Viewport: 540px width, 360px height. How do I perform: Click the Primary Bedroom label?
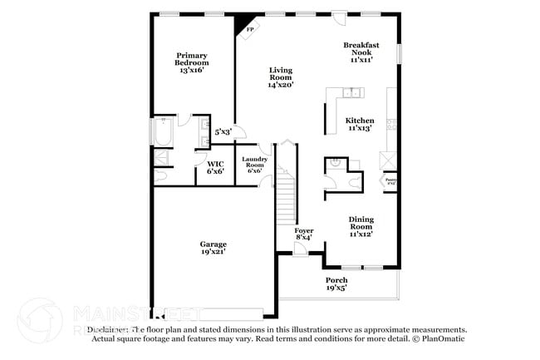pos(191,63)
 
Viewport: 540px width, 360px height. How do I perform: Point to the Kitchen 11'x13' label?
pos(360,124)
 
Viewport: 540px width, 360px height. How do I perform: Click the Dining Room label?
pos(361,226)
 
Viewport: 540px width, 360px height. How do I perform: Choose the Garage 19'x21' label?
pos(213,247)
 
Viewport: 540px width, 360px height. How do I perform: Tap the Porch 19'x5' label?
pos(336,284)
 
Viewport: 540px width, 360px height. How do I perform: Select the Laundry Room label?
pos(254,164)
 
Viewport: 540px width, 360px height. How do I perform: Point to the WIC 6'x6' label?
pos(215,167)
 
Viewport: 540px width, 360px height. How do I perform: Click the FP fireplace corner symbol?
pos(248,30)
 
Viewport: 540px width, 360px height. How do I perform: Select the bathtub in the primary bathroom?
pos(161,132)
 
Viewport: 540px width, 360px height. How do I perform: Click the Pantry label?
pos(390,180)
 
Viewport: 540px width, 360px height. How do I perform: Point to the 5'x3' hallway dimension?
pos(223,131)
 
